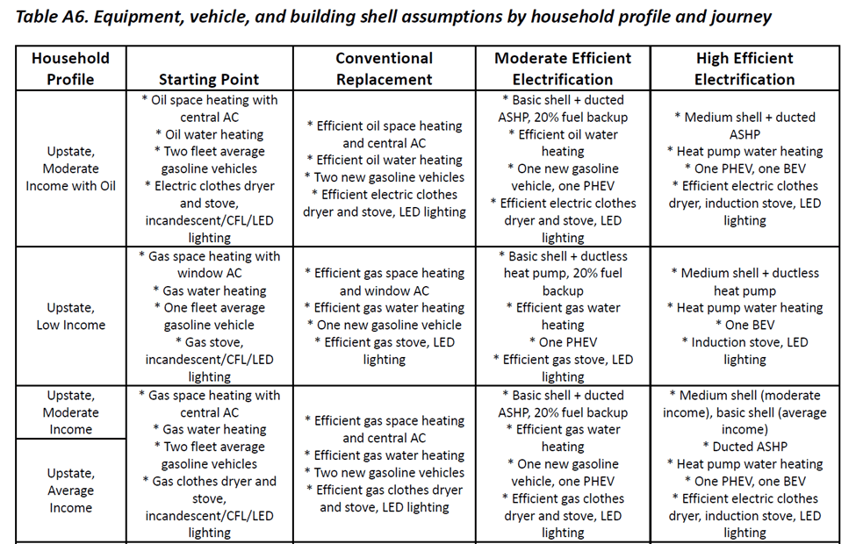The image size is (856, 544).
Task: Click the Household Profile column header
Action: coord(71,68)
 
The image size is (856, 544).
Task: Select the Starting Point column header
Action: coord(209,79)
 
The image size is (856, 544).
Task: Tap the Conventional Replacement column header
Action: coord(385,68)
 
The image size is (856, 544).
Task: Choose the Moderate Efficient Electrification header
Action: coord(563,68)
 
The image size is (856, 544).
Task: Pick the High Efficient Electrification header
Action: coord(745,68)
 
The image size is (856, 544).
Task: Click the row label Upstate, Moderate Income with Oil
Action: coord(71,168)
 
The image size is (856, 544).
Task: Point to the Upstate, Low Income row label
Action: coord(71,317)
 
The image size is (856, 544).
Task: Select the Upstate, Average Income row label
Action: coord(71,490)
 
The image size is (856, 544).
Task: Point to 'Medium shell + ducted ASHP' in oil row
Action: coord(745,125)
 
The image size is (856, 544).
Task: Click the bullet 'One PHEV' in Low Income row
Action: coord(563,342)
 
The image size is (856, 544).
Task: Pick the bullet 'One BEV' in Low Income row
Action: coord(745,325)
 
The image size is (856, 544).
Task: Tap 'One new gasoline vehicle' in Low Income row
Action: coord(385,325)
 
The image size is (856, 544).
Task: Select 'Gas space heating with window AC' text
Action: coord(210,265)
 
